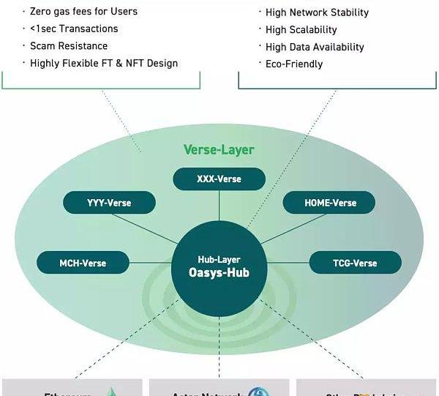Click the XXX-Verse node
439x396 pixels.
point(219,179)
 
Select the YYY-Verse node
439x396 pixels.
point(109,203)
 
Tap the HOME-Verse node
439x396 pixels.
point(329,203)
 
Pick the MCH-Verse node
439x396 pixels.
point(83,263)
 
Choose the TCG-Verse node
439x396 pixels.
point(355,263)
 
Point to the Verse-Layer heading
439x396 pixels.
point(219,150)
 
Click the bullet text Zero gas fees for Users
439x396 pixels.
point(83,12)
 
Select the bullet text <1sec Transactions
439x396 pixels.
point(74,29)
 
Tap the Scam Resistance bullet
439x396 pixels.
point(69,45)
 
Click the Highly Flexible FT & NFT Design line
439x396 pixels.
point(104,63)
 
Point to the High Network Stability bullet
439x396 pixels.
point(317,12)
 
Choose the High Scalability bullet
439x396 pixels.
point(301,29)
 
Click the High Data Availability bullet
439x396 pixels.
point(315,47)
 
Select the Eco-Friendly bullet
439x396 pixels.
point(294,64)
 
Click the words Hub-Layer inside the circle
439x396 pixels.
point(219,259)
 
